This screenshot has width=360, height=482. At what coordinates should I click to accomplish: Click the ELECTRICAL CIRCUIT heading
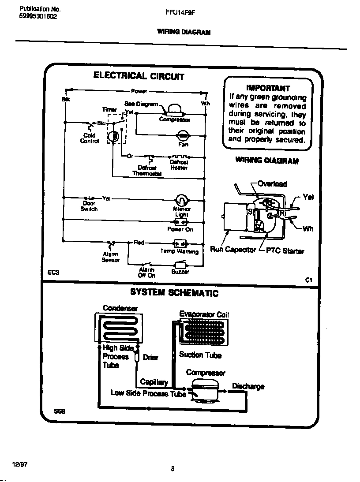(139, 75)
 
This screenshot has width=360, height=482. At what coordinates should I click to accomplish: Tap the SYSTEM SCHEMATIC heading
(174, 292)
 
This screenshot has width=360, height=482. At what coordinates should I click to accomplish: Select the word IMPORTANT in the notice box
(268, 88)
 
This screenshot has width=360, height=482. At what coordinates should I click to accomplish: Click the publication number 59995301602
(38, 17)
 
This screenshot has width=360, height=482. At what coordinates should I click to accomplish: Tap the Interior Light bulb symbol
(181, 199)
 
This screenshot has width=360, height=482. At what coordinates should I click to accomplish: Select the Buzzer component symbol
(180, 265)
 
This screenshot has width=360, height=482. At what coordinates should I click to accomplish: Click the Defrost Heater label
(179, 165)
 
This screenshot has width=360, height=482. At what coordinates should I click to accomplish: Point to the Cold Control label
(90, 138)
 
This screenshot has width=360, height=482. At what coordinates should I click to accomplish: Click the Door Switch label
(89, 206)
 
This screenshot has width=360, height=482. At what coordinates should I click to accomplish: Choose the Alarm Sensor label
(110, 257)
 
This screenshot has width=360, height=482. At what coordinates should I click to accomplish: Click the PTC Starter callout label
(285, 251)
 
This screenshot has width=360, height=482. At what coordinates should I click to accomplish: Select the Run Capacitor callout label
(232, 250)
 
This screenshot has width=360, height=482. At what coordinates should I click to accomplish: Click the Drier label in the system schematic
(150, 357)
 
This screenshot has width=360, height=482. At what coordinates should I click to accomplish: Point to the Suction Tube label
(200, 355)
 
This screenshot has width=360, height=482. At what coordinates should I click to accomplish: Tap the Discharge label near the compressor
(248, 386)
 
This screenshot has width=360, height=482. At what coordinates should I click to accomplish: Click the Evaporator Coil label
(204, 314)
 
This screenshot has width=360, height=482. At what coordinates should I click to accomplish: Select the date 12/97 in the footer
(20, 465)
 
